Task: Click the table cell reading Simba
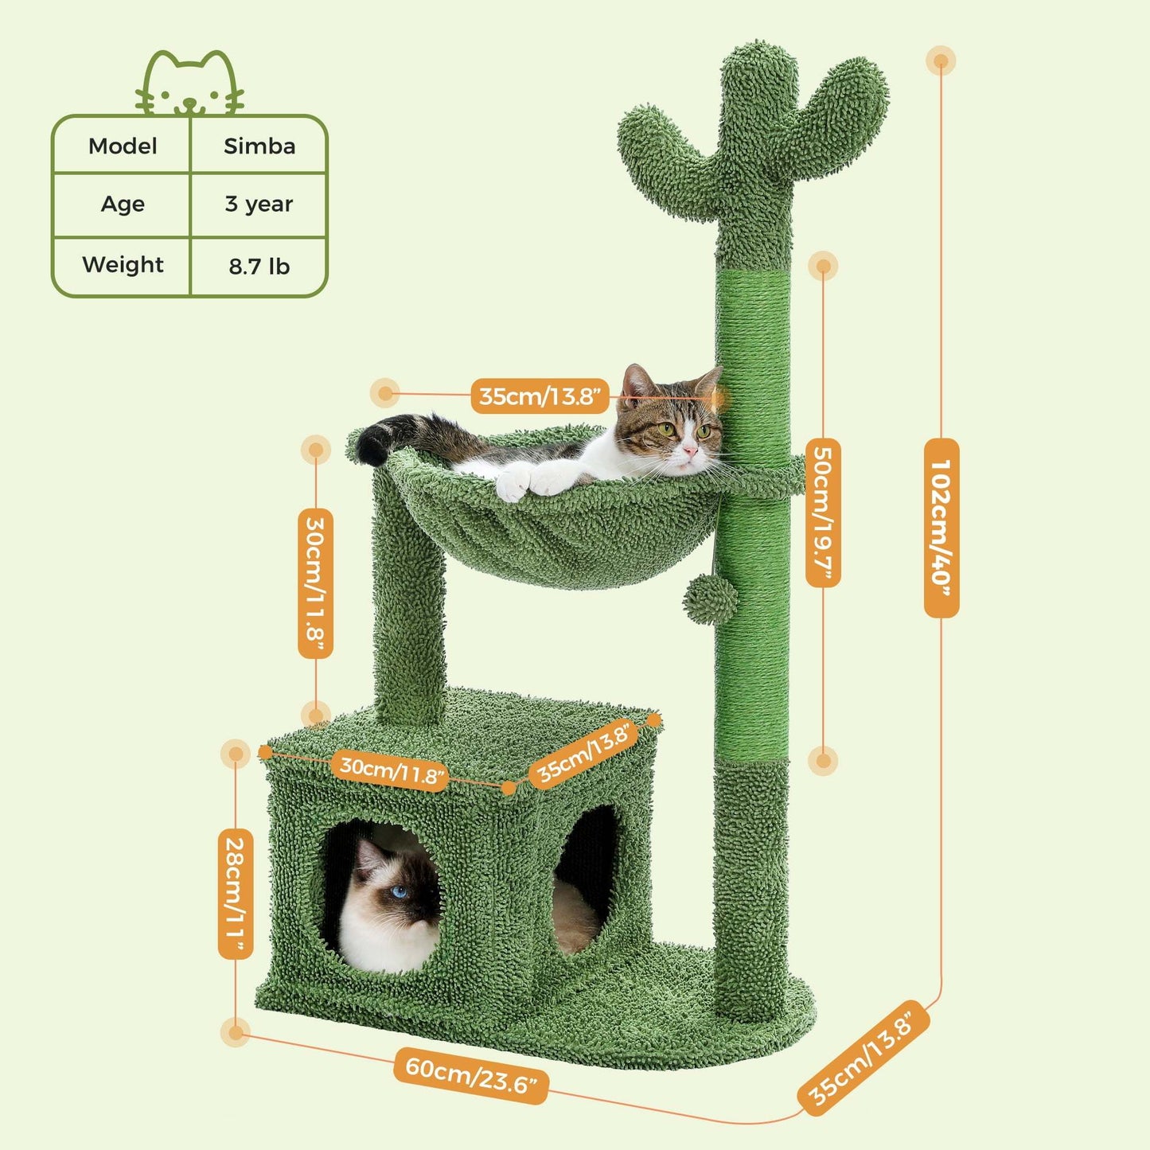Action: pos(259,146)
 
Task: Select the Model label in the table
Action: pos(123,146)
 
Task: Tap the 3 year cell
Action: pos(259,204)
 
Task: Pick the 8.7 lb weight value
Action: pos(259,266)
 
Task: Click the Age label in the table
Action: pos(123,204)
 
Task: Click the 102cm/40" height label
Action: pos(941,527)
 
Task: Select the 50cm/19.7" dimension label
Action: pos(823,513)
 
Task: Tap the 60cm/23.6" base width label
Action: pos(470,1074)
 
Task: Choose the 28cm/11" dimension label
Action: pos(236,893)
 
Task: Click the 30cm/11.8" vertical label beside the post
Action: pos(315,583)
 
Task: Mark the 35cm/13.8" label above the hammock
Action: pos(540,396)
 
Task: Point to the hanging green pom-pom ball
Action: pos(709,599)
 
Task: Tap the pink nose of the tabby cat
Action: pos(689,452)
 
